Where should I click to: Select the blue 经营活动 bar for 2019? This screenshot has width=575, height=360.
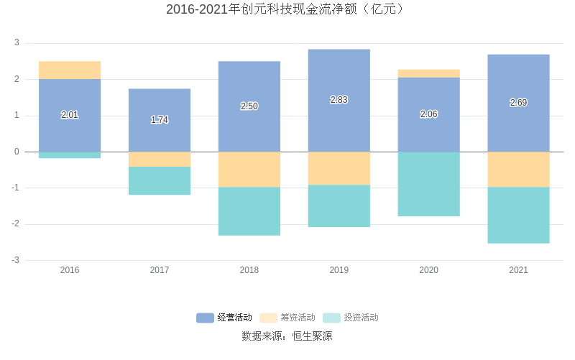339,72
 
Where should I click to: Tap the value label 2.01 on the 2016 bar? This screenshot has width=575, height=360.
70,114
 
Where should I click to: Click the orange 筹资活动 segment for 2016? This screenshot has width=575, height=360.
70,70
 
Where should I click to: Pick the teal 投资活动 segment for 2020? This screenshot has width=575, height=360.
428,184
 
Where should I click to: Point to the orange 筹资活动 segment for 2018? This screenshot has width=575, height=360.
249,170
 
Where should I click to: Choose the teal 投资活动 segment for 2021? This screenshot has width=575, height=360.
518,215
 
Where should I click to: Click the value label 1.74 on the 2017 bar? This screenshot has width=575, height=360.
160,120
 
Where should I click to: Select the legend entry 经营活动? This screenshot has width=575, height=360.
224,318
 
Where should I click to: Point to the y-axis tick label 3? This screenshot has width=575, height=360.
17,43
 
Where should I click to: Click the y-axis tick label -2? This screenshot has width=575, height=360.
15,224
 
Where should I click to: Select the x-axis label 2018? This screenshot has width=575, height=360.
249,270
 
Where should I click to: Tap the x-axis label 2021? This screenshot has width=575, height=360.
518,270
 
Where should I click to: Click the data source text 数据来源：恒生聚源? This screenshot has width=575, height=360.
287,336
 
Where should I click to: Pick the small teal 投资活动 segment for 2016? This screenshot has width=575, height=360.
70,154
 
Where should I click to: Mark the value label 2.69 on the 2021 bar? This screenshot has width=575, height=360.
518,103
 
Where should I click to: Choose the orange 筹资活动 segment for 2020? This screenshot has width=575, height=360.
428,73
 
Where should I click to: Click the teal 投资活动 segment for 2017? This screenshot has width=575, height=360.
160,180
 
